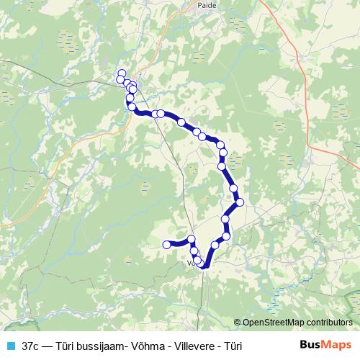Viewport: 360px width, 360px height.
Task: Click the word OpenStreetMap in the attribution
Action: (x=278, y=323)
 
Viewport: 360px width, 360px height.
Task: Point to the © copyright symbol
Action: (x=238, y=323)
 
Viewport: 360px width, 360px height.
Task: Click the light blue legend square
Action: (x=9, y=346)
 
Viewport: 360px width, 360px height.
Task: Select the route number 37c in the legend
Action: (x=31, y=346)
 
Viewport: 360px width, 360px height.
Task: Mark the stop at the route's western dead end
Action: (x=167, y=245)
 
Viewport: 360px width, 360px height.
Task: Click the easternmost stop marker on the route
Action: (x=240, y=202)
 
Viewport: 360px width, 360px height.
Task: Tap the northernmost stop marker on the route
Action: (x=122, y=73)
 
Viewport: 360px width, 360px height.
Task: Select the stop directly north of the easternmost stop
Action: (x=234, y=189)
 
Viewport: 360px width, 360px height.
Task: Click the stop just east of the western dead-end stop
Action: (x=192, y=239)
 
